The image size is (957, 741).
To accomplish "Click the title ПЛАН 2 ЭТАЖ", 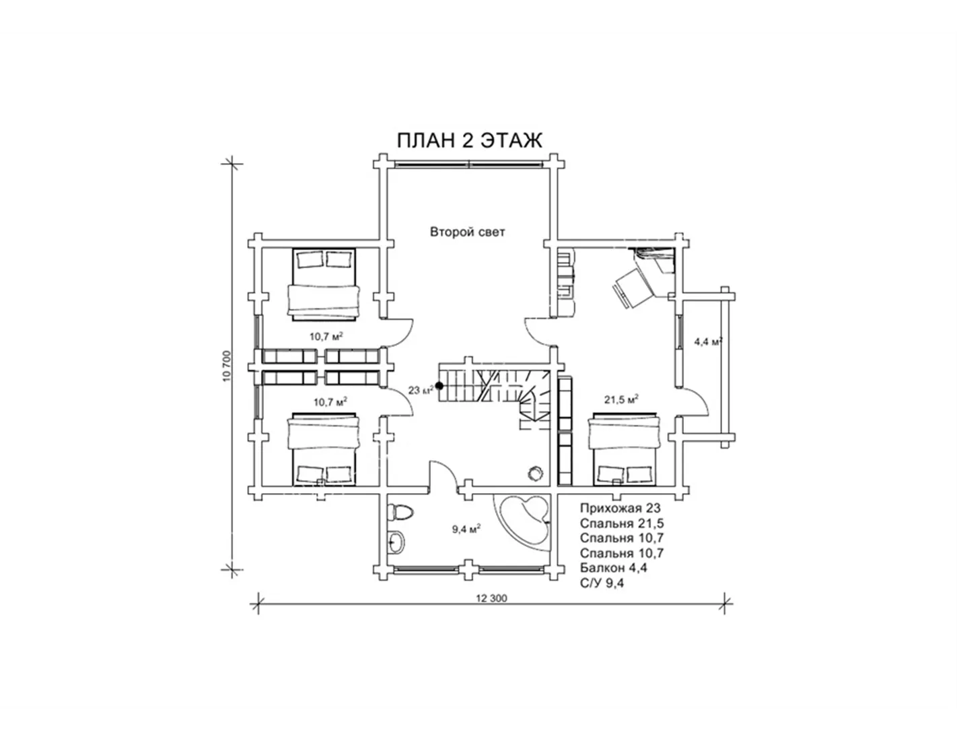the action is tap(470, 141).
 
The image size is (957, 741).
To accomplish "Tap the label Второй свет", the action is tap(467, 232).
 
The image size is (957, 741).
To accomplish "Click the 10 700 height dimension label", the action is tap(227, 366).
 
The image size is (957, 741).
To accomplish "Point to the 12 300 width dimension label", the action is tap(491, 598).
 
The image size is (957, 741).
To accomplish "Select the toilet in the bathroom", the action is tap(402, 512).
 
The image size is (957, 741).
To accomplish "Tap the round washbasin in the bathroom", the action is tap(397, 542).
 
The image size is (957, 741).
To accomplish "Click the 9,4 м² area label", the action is tap(466, 529).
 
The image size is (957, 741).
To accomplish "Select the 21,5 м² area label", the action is tap(621, 399).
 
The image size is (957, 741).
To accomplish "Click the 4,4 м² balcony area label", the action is tap(708, 342).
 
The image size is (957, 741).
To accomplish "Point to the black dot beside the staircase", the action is tap(439, 386).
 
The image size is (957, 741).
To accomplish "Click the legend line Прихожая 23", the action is tap(620, 508).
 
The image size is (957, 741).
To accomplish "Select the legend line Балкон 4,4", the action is tap(613, 567).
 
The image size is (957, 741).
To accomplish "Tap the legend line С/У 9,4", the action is tap(602, 583).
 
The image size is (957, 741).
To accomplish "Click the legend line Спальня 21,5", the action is tap(621, 523).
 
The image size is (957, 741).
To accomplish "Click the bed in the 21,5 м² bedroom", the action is tap(625, 449).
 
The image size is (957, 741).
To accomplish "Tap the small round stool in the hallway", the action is tap(536, 474).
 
